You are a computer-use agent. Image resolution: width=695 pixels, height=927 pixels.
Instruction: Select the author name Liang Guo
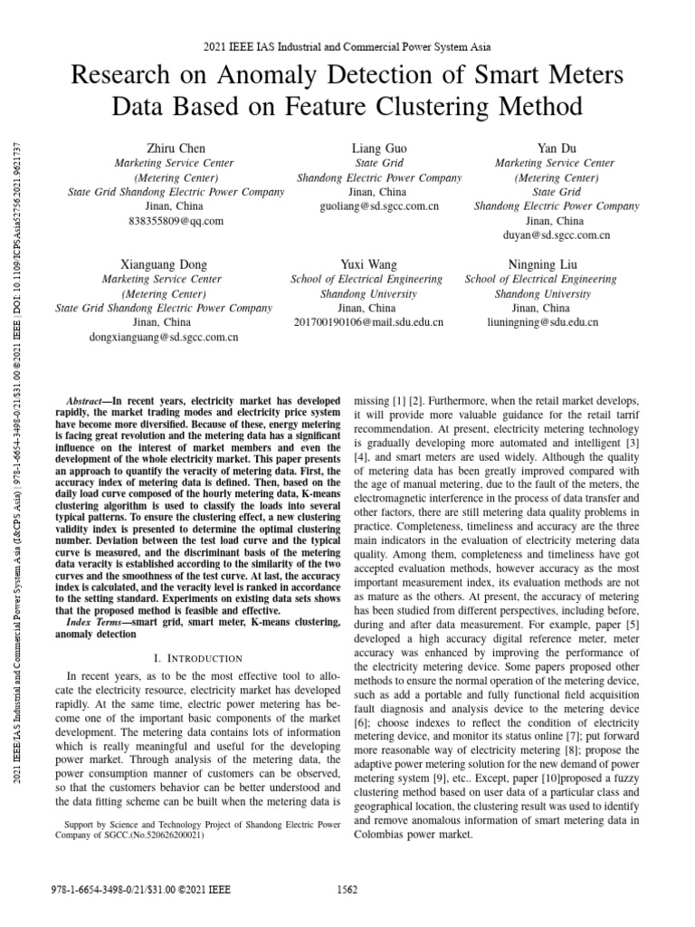click(379, 148)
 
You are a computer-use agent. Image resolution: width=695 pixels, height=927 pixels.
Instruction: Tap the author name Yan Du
click(557, 148)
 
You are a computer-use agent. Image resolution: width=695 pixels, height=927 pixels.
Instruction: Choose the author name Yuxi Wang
click(367, 264)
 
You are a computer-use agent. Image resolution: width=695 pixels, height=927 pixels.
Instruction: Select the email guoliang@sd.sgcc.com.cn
click(379, 206)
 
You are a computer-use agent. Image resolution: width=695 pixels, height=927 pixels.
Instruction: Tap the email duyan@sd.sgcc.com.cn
click(557, 235)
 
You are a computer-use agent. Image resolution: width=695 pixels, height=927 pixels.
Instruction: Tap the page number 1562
click(347, 890)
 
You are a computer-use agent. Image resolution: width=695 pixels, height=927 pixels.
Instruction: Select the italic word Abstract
click(85, 400)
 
